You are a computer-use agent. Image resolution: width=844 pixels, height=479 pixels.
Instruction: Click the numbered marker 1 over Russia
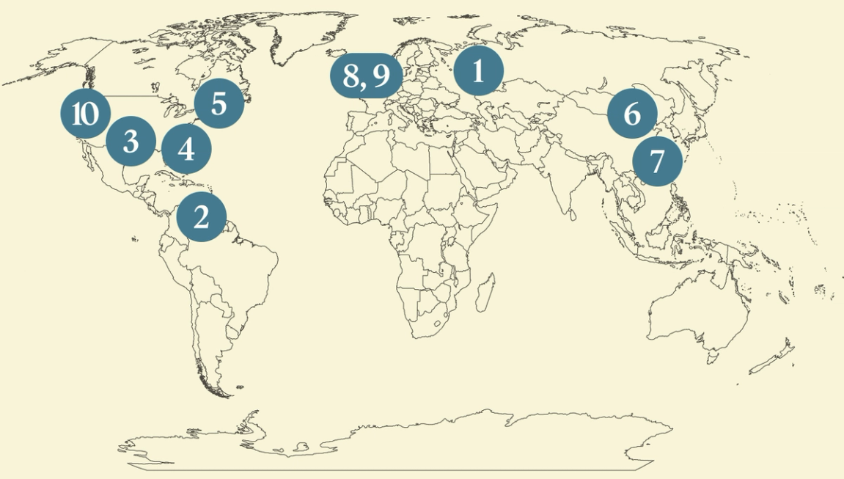click(479, 72)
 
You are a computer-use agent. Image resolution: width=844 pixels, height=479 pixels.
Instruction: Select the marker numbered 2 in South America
click(202, 216)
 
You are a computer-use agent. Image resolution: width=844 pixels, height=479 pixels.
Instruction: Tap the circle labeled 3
click(131, 141)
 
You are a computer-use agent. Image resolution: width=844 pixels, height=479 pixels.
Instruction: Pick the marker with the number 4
click(186, 149)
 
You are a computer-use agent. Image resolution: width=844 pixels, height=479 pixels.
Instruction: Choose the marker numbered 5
click(219, 103)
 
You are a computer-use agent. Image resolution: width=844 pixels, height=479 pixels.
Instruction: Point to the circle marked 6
click(632, 114)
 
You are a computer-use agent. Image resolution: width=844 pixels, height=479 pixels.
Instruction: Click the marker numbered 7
click(656, 160)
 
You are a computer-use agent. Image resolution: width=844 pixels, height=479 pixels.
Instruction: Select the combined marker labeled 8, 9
click(366, 74)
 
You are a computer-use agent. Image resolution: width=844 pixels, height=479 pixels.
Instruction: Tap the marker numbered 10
click(85, 114)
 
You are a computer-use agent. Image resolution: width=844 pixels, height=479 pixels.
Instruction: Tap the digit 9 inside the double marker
click(380, 74)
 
